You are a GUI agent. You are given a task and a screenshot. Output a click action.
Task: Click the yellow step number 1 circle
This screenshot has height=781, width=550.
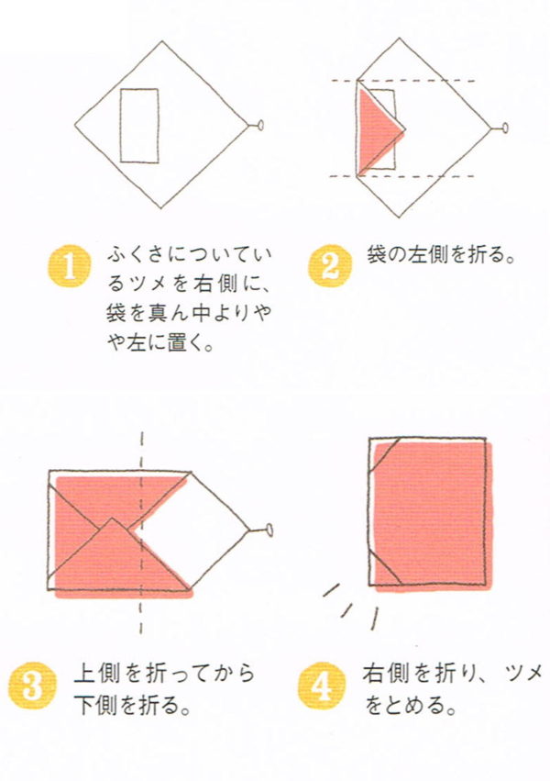(70, 266)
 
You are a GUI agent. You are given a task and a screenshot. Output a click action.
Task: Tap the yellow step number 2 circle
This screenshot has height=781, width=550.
(330, 265)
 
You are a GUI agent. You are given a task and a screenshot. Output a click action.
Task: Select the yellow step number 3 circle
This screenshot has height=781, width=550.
(32, 686)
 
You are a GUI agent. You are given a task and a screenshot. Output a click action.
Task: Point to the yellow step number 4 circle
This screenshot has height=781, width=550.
(323, 686)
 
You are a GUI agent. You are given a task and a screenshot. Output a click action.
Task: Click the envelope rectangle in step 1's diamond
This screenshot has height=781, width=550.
(139, 126)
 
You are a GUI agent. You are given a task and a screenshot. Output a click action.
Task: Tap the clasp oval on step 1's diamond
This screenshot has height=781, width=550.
(260, 125)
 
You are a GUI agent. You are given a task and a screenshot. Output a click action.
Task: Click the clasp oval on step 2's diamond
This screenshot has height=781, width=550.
(505, 128)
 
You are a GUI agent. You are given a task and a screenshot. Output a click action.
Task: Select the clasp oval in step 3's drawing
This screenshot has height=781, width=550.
(269, 530)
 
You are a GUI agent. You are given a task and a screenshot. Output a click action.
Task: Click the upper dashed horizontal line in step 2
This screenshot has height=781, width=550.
(402, 80)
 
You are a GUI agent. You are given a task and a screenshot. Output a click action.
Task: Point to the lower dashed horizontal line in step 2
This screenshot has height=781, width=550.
(402, 176)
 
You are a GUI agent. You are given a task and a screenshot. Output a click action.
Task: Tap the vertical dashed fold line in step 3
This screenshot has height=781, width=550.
(141, 532)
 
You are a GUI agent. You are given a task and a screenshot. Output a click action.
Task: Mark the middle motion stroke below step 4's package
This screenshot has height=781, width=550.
(346, 610)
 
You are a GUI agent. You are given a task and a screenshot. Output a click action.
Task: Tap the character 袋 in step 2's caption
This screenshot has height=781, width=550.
(377, 254)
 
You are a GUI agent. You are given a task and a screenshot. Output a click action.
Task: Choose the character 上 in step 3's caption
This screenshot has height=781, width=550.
(83, 674)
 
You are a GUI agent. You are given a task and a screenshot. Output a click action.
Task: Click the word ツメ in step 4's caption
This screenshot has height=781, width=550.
(523, 674)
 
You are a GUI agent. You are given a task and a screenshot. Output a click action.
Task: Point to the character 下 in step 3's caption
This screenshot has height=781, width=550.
(83, 706)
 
